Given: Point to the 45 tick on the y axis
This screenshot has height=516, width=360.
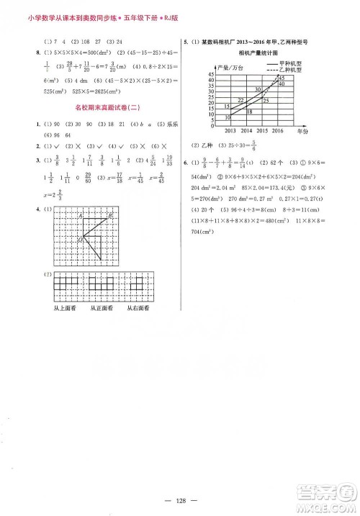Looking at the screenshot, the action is [212, 75].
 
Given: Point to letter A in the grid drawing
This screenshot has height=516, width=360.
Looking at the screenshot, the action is [81, 215].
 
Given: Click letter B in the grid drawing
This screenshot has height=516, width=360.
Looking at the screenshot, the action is [109, 215].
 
